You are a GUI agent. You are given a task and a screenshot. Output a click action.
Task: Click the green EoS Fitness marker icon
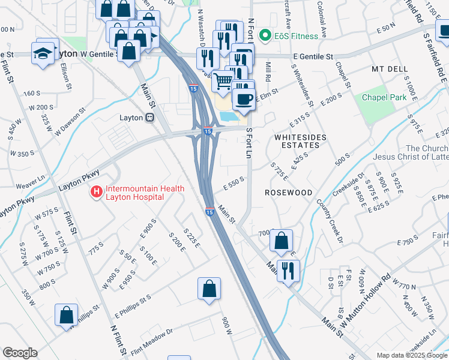pos(264,37)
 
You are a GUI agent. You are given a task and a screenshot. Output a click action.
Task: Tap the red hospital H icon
pos(95,193)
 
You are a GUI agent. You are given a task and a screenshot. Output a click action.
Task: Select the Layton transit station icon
pos(150,118)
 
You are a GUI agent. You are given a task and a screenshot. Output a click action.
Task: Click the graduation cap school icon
pos(44,52)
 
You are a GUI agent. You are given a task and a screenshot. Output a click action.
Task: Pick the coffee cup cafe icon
pos(243,99)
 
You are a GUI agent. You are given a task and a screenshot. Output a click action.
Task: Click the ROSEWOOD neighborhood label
pos(289,193)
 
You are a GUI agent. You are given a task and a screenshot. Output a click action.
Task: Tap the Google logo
pos(20,353)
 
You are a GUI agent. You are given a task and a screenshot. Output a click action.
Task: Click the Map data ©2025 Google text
pos(411,355)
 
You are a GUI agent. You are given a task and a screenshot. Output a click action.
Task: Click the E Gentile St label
pos(313,56)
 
